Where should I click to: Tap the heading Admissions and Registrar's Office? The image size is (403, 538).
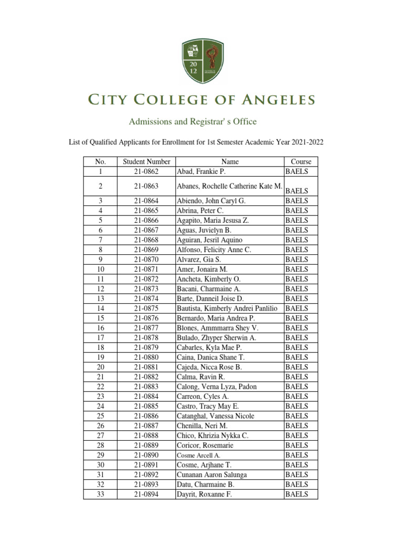click(193, 122)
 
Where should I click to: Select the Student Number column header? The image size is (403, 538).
click(146, 162)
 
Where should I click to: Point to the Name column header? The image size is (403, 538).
click(230, 162)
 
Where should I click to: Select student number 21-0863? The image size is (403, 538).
click(146, 186)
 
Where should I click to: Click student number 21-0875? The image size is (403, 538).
click(146, 308)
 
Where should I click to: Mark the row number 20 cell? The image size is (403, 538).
click(100, 367)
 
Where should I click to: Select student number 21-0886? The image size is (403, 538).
click(146, 416)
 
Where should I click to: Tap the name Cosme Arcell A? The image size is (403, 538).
click(198, 455)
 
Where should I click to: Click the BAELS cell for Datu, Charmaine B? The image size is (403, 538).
click(297, 484)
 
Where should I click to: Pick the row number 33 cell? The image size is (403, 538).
click(100, 494)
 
